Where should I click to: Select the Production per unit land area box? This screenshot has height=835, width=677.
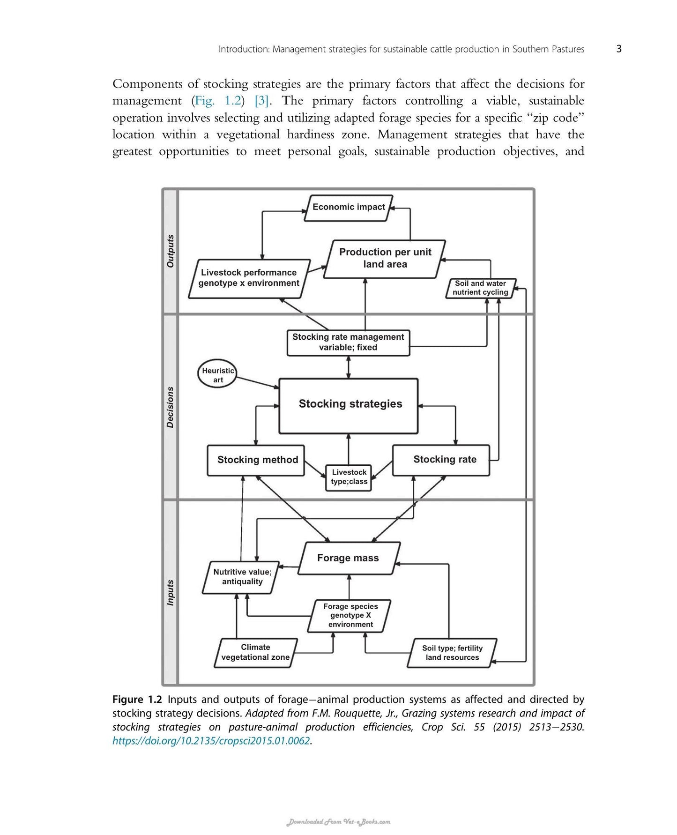pos(385,259)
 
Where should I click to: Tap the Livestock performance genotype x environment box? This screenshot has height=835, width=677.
pos(249,278)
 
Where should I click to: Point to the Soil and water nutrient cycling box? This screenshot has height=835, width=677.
pos(481,288)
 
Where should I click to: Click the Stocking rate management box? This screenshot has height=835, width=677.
pos(348,343)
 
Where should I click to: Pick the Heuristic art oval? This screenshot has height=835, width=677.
pos(217,375)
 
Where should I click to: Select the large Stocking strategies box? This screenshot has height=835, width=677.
pos(348,406)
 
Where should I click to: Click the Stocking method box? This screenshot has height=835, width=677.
pos(256,460)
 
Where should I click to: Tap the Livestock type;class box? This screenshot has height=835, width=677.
pos(349,477)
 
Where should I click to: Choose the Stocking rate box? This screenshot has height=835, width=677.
pos(441,460)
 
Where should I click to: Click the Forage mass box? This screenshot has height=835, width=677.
pos(349,558)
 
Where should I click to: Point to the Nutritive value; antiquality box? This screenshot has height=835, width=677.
pos(242,577)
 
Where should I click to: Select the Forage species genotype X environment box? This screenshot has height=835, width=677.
pos(350,616)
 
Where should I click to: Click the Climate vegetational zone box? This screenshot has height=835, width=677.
pos(256,652)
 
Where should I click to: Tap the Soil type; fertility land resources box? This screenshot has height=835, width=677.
pos(452,653)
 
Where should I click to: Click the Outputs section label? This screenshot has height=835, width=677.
pos(170,251)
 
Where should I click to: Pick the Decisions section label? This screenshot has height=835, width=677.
pos(170,407)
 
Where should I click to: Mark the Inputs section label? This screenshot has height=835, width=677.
pos(170,592)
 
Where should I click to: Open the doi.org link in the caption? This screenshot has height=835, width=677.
pos(211,741)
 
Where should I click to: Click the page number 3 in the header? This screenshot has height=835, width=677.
pos(619,49)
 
